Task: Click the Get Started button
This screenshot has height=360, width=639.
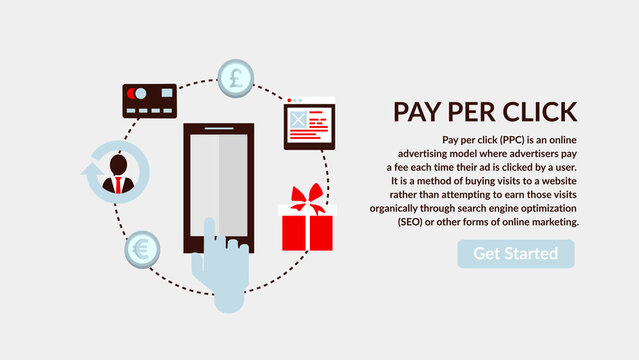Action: tap(516, 253)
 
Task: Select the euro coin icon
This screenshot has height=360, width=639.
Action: tap(141, 249)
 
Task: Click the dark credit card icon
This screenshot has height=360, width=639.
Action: tap(149, 99)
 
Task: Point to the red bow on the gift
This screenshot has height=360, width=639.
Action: tap(307, 195)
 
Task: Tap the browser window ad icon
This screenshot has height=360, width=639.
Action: tap(309, 124)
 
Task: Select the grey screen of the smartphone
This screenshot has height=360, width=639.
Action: tap(218, 184)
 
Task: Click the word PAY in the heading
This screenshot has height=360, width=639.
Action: tap(417, 111)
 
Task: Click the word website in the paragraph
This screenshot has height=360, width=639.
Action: tap(555, 180)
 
